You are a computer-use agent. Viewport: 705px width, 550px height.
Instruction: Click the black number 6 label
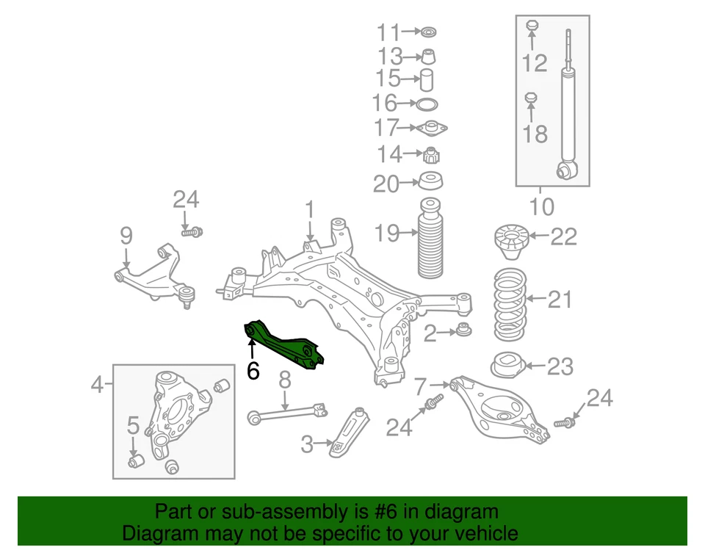tap(253, 371)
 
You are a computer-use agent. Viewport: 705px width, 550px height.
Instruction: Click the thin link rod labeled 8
tap(286, 411)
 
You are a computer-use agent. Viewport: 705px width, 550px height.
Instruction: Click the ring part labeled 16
tap(428, 104)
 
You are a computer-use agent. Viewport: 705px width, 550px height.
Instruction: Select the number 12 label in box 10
tap(535, 63)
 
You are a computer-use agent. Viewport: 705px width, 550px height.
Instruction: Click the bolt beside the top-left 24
tap(192, 231)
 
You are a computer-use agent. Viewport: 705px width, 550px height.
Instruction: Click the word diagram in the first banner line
tap(461, 512)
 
